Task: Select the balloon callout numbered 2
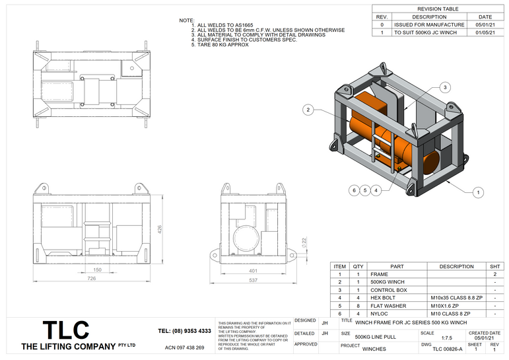click(x=308, y=110)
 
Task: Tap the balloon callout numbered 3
click(x=446, y=87)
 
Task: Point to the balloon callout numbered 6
click(x=355, y=190)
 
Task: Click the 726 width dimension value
click(x=92, y=279)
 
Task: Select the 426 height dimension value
click(x=159, y=229)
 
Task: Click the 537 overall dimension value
click(x=254, y=279)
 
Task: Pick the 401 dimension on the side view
click(x=254, y=270)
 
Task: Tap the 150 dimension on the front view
click(x=97, y=270)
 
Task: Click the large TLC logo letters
click(x=65, y=330)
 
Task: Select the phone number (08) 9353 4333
click(x=184, y=331)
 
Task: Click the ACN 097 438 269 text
click(x=184, y=347)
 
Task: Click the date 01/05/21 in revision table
click(x=485, y=32)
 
